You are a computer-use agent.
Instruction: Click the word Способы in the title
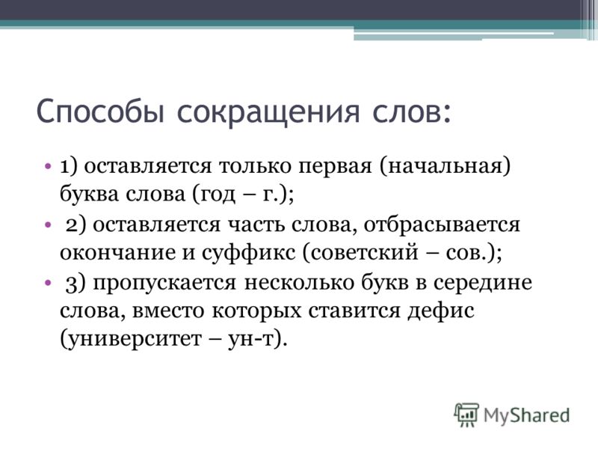100,111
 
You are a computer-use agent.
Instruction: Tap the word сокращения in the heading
268,112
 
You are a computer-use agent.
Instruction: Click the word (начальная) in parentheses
445,167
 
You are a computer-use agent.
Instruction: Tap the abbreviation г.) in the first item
278,195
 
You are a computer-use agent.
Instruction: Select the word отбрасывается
442,225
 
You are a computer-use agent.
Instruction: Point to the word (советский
360,253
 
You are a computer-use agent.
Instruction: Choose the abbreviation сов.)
474,253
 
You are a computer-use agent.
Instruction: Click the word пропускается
164,284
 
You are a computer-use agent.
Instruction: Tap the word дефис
441,311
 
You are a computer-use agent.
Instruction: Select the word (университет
130,340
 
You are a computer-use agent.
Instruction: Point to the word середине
482,284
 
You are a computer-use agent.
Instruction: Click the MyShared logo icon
466,415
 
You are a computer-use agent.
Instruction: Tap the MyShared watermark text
527,415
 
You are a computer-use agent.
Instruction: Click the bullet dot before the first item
47,167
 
